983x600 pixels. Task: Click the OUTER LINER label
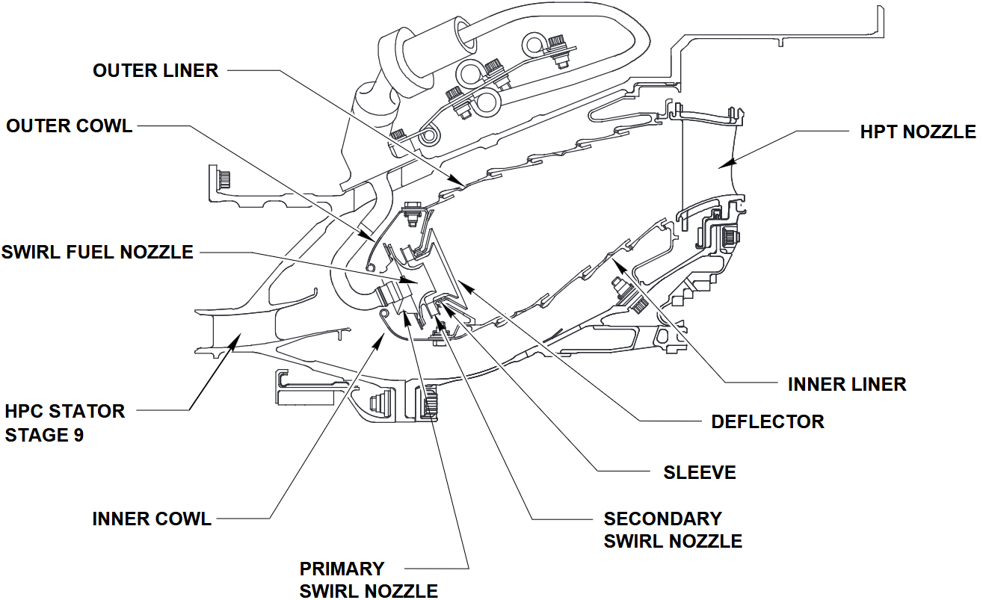click(x=155, y=70)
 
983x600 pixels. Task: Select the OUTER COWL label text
click(x=70, y=126)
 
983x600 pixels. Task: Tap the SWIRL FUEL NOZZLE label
click(x=97, y=252)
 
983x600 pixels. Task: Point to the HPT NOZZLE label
click(x=918, y=132)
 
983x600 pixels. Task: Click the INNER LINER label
click(x=847, y=384)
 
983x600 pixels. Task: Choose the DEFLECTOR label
click(x=768, y=421)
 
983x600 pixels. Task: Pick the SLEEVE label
click(x=700, y=472)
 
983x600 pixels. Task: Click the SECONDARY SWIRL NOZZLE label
click(x=673, y=530)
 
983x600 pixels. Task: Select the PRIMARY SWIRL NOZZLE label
click(x=369, y=580)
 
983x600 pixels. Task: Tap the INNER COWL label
click(x=152, y=519)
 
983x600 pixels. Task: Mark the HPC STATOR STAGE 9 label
click(x=65, y=423)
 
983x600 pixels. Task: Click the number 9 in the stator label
click(x=78, y=435)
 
